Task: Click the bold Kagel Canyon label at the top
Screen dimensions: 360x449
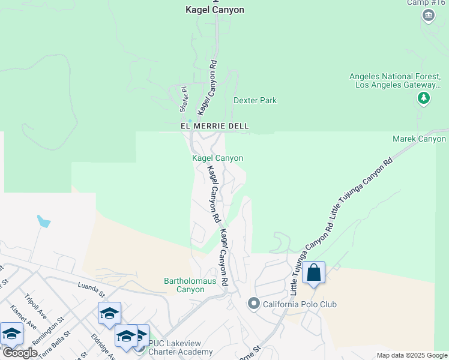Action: [x=215, y=10]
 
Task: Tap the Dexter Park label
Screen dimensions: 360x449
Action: [x=255, y=100]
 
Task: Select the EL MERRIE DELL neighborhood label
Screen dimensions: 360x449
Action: [x=215, y=127]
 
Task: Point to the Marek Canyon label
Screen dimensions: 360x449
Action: [x=420, y=139]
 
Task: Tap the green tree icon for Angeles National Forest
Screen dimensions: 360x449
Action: [x=424, y=98]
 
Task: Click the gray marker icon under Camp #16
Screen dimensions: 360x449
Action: [x=429, y=16]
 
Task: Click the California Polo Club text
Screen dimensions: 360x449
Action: [x=300, y=304]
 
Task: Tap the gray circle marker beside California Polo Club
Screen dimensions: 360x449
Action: [x=253, y=304]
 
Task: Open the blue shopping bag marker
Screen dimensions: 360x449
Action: [x=313, y=273]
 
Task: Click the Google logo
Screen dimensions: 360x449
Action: [x=19, y=353]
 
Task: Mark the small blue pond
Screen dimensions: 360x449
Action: [x=43, y=221]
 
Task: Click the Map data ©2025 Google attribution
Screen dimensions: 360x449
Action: [x=412, y=355]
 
